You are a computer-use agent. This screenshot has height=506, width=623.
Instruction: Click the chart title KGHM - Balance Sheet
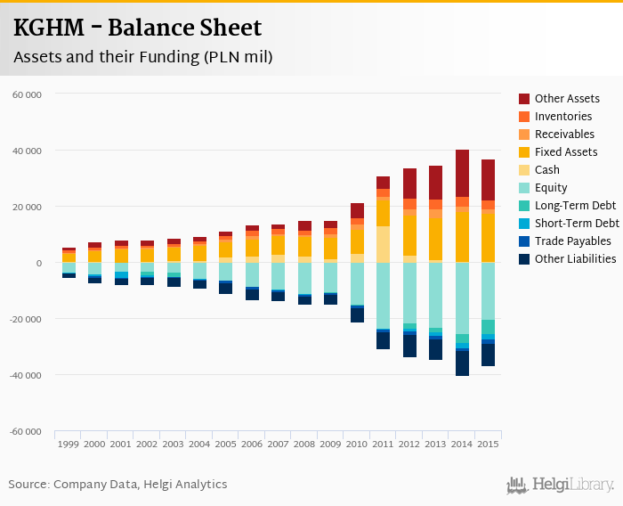pos(137,29)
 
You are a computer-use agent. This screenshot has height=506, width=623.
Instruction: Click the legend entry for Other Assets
pos(567,99)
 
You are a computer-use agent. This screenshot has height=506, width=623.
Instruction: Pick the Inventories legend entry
pos(563,117)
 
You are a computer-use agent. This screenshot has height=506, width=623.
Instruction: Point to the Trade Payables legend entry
pos(572,241)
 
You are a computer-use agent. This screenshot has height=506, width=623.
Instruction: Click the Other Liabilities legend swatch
pos(525,259)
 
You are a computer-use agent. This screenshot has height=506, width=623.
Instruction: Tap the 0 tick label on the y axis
pos(38,263)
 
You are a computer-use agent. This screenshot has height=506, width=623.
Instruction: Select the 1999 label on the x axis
pos(69,444)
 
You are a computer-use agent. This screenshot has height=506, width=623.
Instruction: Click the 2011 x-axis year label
pos(383,444)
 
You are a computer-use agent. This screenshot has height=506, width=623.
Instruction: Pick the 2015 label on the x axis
pos(488,444)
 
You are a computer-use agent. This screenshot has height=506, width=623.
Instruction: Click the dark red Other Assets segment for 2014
pos(462,173)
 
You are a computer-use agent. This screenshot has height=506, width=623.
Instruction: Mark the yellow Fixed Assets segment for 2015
pos(488,236)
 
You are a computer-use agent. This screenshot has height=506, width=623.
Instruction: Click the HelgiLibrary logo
pos(561,485)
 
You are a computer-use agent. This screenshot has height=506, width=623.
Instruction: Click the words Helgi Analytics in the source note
pos(187,485)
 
